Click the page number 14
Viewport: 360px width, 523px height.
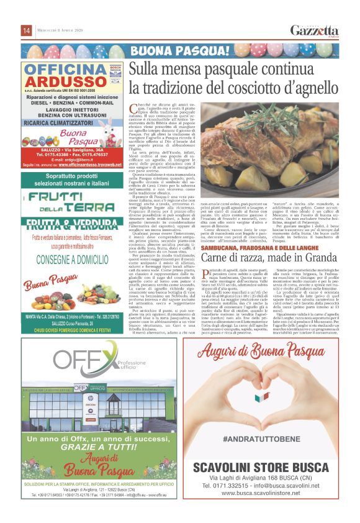[27, 30]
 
